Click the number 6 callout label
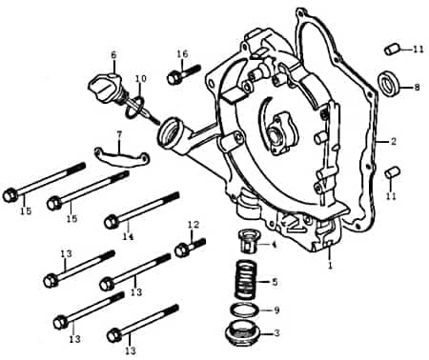[x=113, y=54]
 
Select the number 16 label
[x=182, y=54]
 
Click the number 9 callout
[x=276, y=310]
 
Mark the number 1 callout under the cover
[x=330, y=268]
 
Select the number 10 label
[x=140, y=78]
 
